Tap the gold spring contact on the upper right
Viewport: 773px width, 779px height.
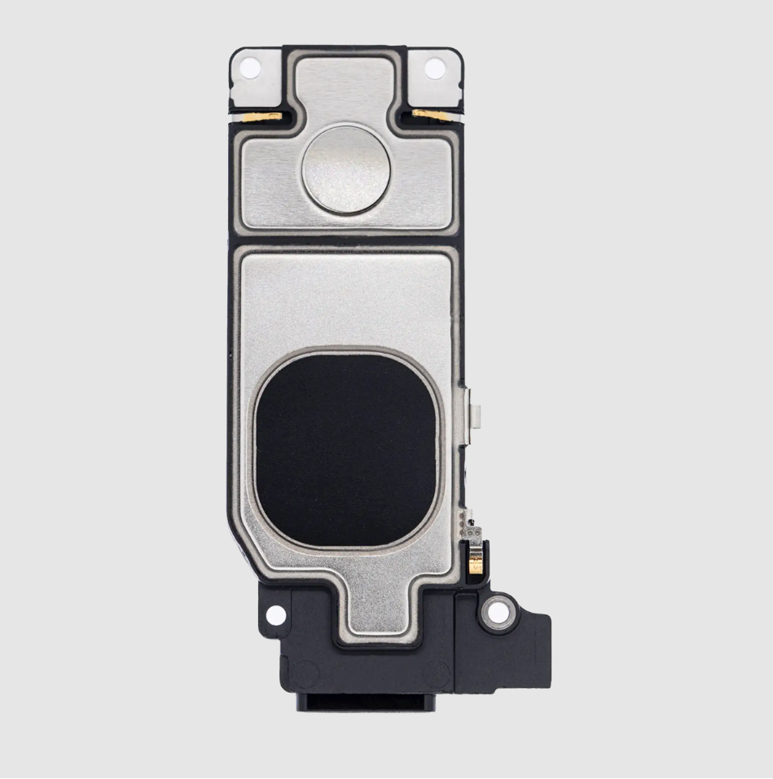click(x=424, y=113)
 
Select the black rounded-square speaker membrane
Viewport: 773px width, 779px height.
click(x=347, y=451)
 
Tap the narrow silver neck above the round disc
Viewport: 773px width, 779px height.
click(x=345, y=90)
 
